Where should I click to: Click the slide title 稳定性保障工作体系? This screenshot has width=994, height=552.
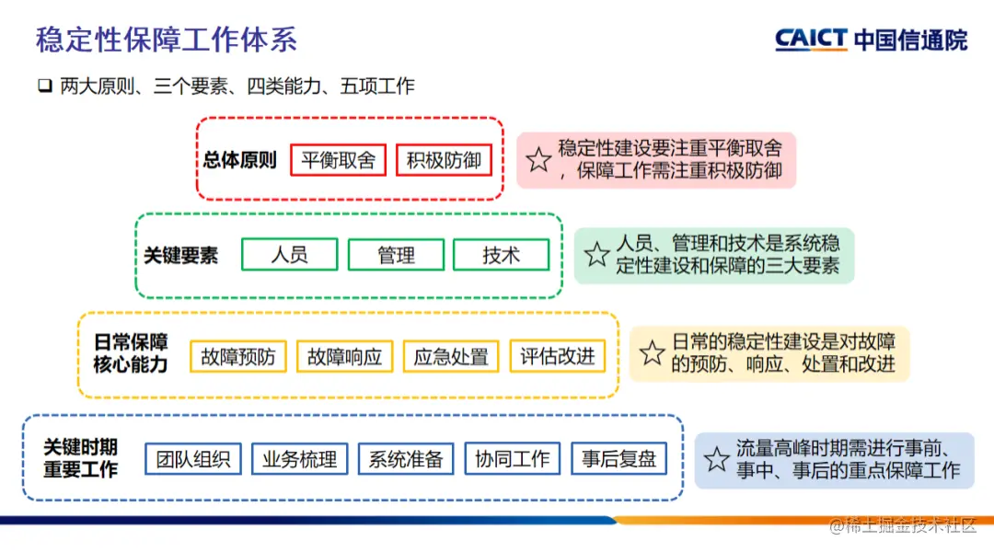pos(167,40)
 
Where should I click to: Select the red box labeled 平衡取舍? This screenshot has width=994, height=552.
pos(339,160)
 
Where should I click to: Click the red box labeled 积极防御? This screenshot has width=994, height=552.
pos(445,160)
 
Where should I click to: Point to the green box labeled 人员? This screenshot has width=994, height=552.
pos(289,255)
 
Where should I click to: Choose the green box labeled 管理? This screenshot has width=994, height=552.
pos(396,255)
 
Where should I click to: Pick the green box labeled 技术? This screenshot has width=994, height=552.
pos(501,255)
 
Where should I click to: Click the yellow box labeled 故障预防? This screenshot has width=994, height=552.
pos(238,356)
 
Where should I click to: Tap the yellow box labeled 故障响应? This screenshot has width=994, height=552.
pos(345,356)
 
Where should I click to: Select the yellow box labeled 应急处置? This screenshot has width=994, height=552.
pos(451,356)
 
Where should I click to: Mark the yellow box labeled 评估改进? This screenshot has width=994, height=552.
pos(558,356)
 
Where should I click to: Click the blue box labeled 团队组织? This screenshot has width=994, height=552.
pos(193,458)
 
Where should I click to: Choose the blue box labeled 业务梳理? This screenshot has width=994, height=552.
pos(300,458)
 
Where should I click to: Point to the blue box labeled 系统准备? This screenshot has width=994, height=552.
pos(406,458)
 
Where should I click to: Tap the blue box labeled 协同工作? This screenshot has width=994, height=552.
pos(513,458)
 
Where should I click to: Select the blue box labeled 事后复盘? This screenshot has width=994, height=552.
pos(618,458)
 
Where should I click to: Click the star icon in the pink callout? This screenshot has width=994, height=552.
pos(539,160)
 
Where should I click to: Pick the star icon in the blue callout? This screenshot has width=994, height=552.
pos(717,459)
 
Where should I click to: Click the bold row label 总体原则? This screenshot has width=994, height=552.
pos(240,160)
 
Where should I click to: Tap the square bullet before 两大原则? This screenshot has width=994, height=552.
pos(44,86)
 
